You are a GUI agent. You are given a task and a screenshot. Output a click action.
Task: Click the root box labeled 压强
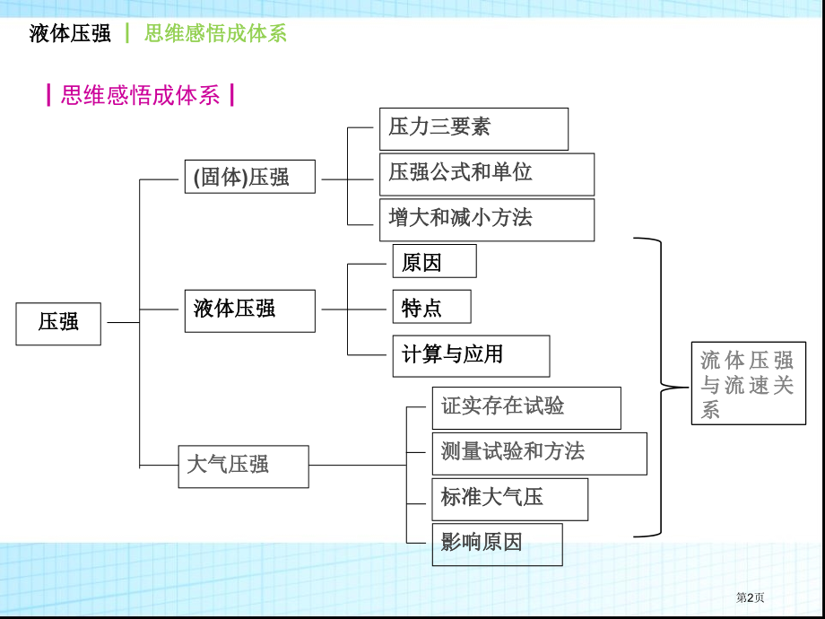58,323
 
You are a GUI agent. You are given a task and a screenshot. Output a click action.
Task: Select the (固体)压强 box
250,177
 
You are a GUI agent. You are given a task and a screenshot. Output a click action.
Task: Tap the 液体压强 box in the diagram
250,310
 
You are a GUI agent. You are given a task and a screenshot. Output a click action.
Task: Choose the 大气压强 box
243,466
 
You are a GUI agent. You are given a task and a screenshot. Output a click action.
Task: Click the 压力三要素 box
473,128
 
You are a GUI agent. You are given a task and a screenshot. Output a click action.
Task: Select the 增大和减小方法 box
486,220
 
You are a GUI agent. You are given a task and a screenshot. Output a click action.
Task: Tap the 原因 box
434,261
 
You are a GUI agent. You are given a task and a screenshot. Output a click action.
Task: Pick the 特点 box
431,307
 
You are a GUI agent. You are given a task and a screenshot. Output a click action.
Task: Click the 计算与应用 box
471,355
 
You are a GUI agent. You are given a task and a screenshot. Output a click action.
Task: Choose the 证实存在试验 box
526,408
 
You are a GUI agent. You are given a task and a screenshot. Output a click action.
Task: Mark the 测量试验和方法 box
539,453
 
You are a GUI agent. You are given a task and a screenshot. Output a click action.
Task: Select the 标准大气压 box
510,499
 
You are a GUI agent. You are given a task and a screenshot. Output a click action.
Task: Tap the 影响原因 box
498,545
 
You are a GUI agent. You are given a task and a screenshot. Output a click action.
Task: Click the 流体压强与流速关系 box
748,383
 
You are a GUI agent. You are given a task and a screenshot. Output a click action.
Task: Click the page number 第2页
751,597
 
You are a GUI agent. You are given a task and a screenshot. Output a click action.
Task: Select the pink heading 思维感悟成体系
141,95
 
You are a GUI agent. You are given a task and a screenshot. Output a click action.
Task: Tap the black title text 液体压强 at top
70,34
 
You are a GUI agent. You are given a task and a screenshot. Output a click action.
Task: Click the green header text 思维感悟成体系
215,34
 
